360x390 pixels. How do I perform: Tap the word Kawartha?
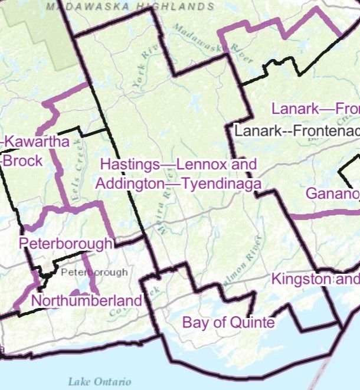coord(37,142)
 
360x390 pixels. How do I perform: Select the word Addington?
coord(129,183)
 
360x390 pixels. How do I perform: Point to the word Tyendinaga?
coord(221,183)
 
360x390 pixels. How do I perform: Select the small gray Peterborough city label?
coord(94,273)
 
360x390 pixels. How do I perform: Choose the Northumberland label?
coord(87,300)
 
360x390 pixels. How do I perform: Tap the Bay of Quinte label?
coord(228,323)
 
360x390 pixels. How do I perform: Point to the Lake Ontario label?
coord(99,381)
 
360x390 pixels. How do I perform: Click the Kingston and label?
coord(315,279)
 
